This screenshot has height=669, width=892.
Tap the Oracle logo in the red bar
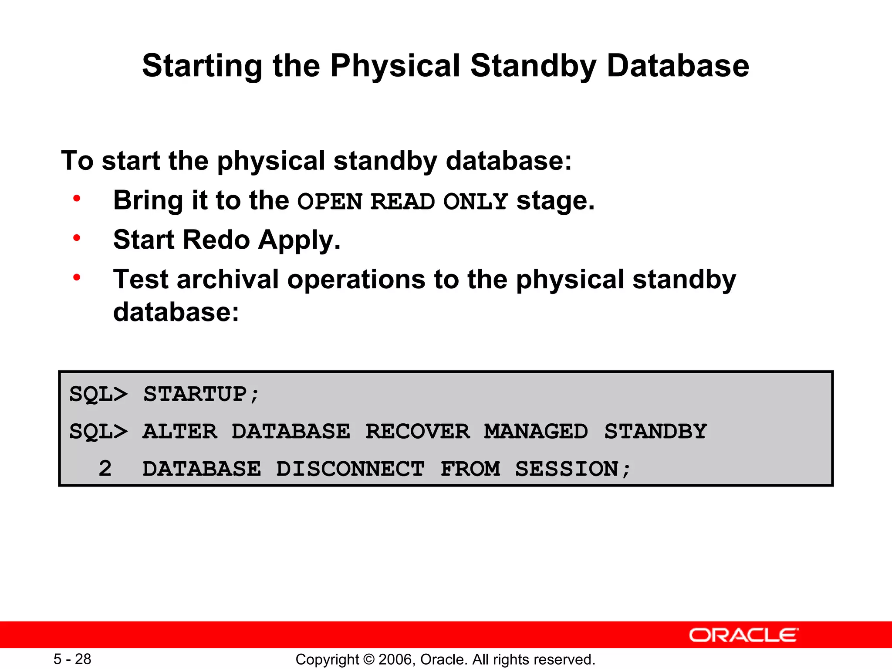click(743, 635)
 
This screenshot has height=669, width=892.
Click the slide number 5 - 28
click(72, 659)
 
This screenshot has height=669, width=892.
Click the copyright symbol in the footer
click(368, 659)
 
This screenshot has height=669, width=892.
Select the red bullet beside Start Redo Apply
click(77, 238)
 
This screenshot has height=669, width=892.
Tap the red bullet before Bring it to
click(77, 199)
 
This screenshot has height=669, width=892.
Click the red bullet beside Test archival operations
click(77, 277)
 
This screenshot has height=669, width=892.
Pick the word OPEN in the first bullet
click(330, 202)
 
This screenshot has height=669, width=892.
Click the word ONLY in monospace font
click(475, 202)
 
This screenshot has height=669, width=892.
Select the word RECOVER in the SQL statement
click(417, 432)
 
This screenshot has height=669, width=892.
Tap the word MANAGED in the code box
click(536, 432)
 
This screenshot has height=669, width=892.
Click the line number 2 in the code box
click(105, 469)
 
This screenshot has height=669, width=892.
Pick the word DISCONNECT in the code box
click(350, 469)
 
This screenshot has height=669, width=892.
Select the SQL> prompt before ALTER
click(98, 432)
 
